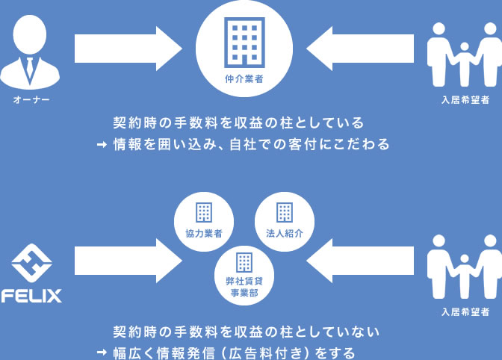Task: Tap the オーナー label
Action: [31, 99]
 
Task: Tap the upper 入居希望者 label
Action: [464, 100]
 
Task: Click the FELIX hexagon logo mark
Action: [31, 263]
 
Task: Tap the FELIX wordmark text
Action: [31, 296]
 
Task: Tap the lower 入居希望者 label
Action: [464, 311]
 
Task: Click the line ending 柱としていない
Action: [247, 332]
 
